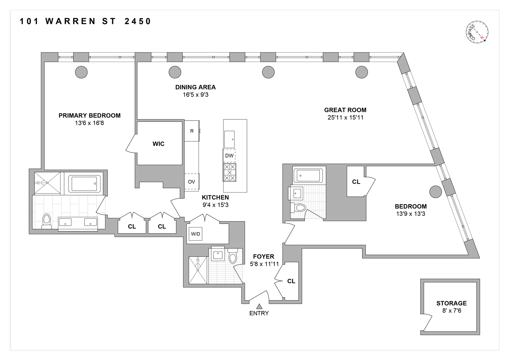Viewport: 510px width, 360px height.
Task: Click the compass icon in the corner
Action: pyautogui.click(x=477, y=32)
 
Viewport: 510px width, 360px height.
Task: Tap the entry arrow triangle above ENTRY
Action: pyautogui.click(x=259, y=306)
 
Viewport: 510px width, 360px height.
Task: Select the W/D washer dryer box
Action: pyautogui.click(x=196, y=234)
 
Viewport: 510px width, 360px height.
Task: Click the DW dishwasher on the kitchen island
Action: pyautogui.click(x=229, y=155)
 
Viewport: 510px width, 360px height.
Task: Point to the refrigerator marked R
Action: pyautogui.click(x=192, y=131)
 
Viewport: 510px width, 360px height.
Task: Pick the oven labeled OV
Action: pyautogui.click(x=192, y=182)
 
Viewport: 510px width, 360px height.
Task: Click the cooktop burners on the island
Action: pyautogui.click(x=229, y=172)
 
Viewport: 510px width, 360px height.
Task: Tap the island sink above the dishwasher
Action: pyautogui.click(x=229, y=139)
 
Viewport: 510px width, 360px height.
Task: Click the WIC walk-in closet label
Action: pyautogui.click(x=158, y=144)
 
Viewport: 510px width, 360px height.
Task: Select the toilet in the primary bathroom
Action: pyautogui.click(x=47, y=221)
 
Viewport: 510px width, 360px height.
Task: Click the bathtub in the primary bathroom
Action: pyautogui.click(x=84, y=183)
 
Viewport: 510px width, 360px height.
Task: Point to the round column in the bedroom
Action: pyautogui.click(x=436, y=192)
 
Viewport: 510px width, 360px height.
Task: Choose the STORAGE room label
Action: pyautogui.click(x=451, y=303)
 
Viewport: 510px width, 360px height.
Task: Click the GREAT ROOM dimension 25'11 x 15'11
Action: pyautogui.click(x=345, y=118)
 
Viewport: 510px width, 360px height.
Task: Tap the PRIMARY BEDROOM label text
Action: pyautogui.click(x=90, y=115)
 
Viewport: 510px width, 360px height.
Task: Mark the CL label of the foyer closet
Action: pyautogui.click(x=291, y=281)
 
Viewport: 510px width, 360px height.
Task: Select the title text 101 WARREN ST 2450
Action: pyautogui.click(x=85, y=21)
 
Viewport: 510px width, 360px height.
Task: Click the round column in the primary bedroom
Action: pyautogui.click(x=81, y=72)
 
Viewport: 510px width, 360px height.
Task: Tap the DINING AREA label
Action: pyautogui.click(x=195, y=87)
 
